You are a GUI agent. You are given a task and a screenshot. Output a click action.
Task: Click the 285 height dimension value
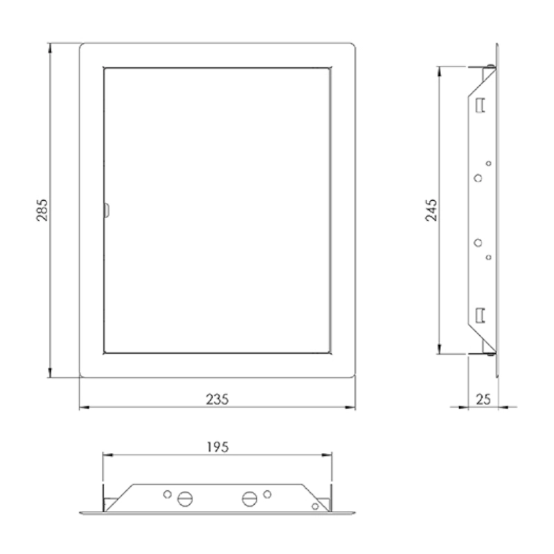pos(42,210)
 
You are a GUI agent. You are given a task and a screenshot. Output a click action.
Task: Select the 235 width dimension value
pos(217,400)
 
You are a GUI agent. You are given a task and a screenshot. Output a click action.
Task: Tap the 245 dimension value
pos(431,211)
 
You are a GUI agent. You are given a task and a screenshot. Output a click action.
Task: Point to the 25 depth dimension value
pos(483,400)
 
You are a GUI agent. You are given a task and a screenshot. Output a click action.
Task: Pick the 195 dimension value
pos(217,447)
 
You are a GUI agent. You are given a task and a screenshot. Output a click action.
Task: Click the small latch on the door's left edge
pos(107,210)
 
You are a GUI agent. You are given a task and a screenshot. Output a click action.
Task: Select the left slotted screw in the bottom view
pos(185,499)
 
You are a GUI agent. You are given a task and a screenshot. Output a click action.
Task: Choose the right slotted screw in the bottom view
pos(249,499)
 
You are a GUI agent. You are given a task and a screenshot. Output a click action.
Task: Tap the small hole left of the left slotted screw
pos(168,494)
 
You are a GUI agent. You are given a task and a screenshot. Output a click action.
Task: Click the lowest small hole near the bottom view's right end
pos(315,506)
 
